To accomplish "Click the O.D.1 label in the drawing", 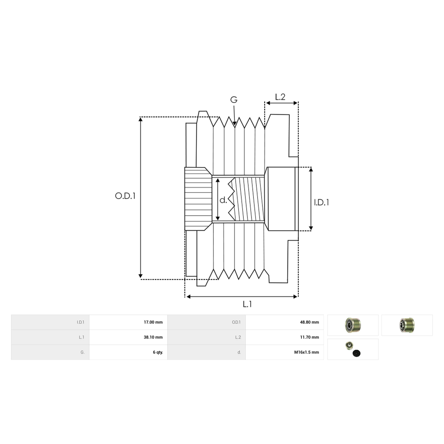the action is pyautogui.click(x=125, y=196).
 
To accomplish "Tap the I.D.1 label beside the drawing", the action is pyautogui.click(x=322, y=202).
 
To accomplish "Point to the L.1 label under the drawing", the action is pyautogui.click(x=247, y=305).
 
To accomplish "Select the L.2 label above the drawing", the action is pyautogui.click(x=280, y=97).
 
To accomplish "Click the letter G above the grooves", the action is pyautogui.click(x=233, y=100).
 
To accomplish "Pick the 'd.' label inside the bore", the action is pyautogui.click(x=223, y=200).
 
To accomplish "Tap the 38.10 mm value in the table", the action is pyautogui.click(x=153, y=337).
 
